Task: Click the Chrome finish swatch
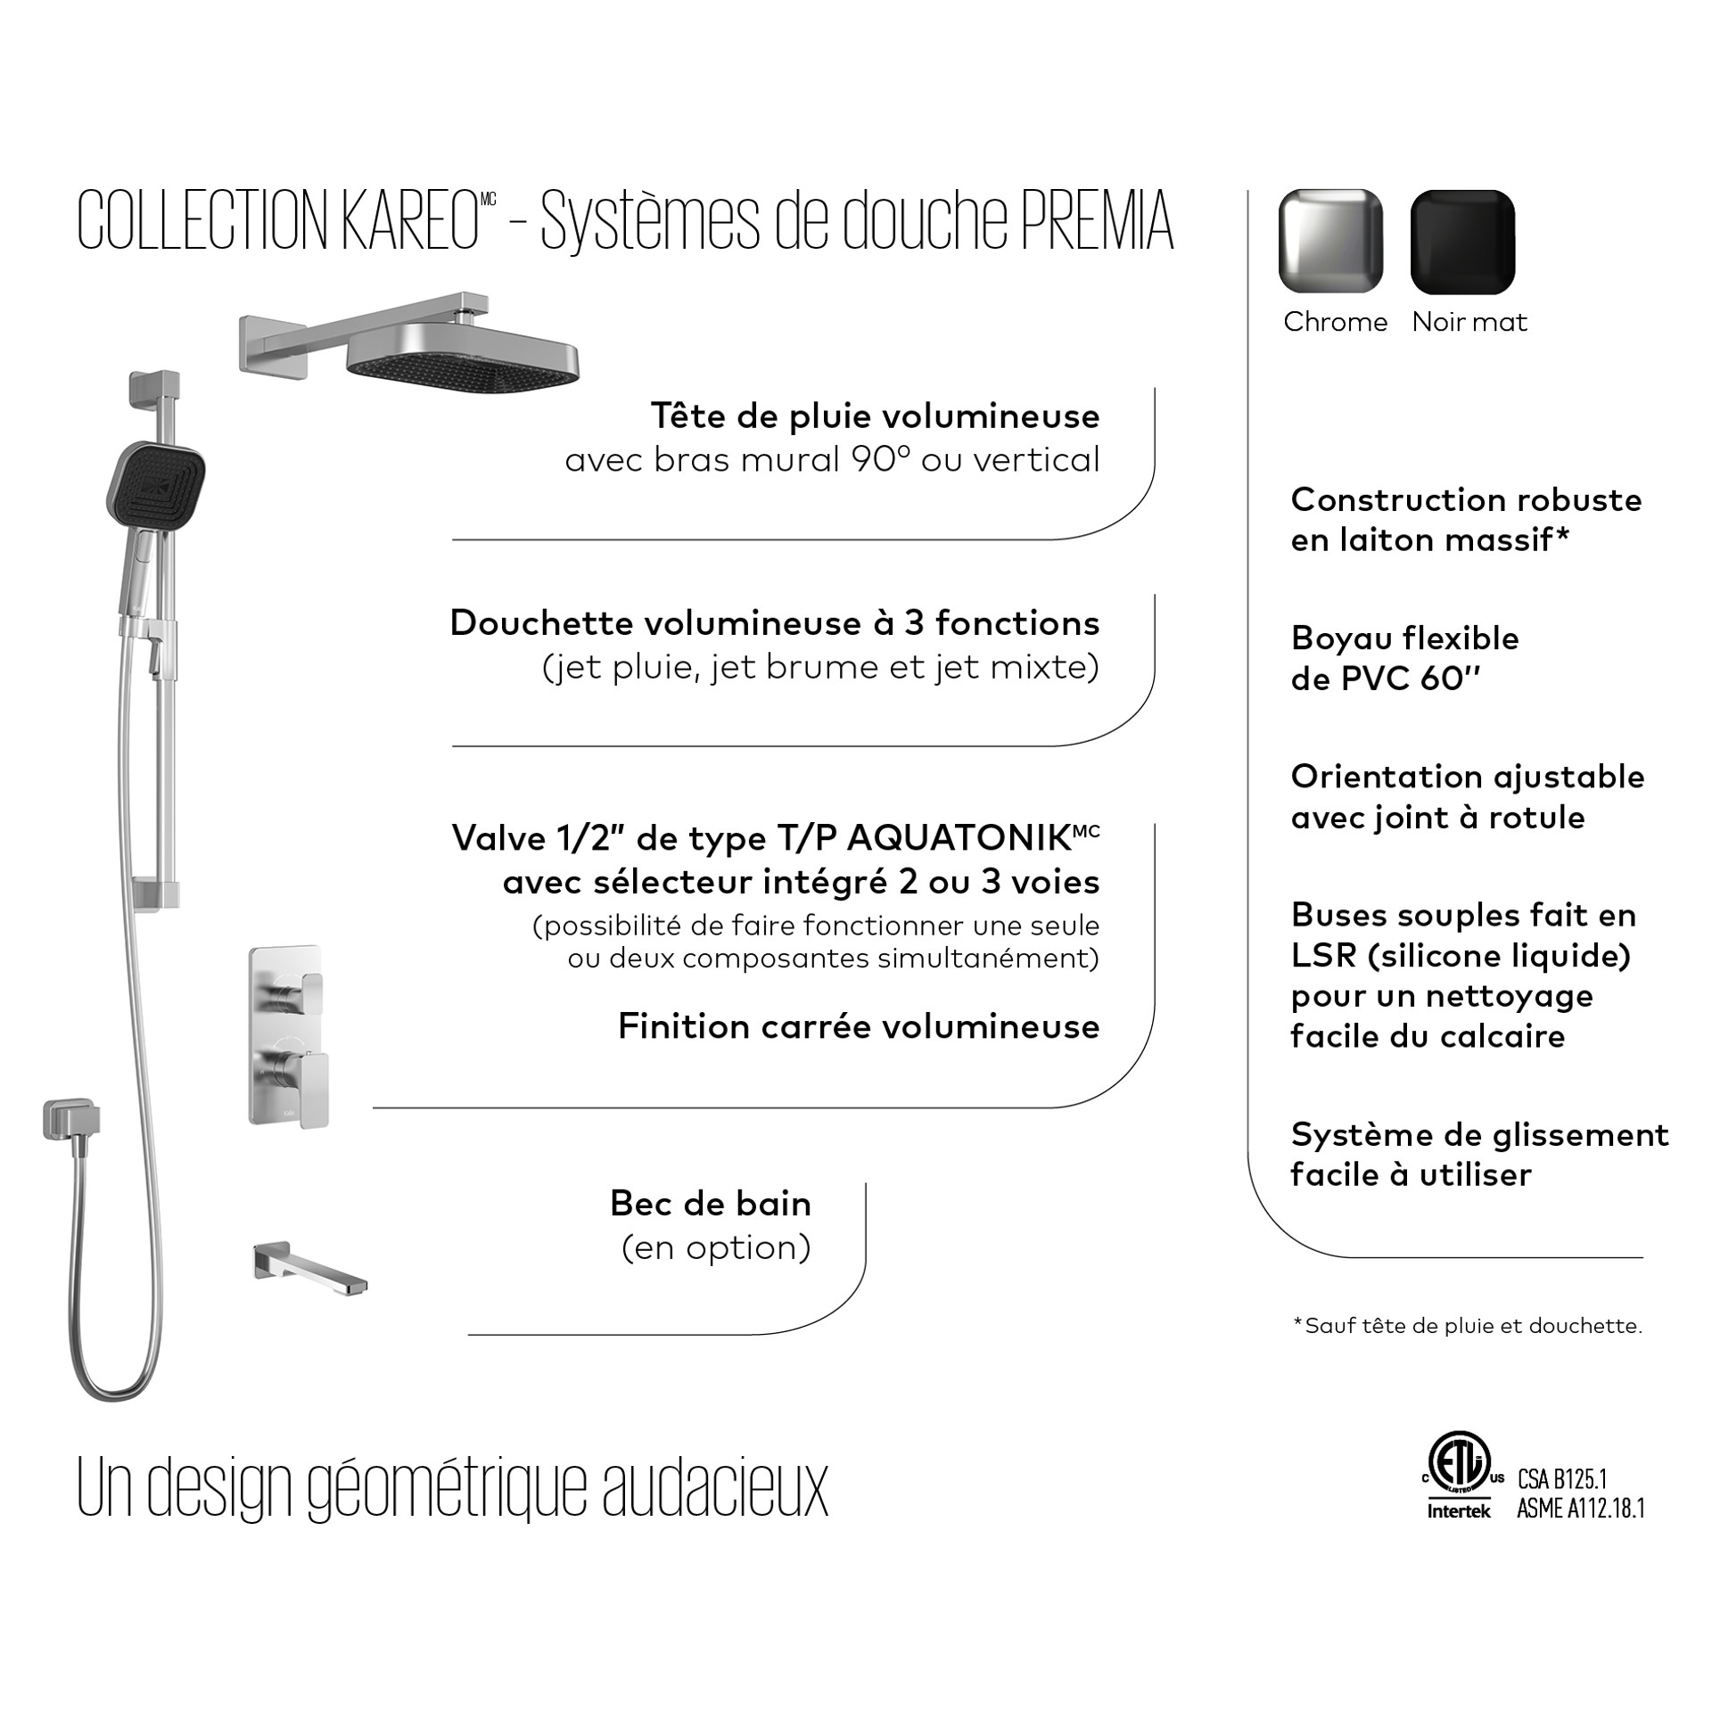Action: click(1330, 241)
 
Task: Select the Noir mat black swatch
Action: click(1462, 241)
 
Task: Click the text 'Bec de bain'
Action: click(711, 1204)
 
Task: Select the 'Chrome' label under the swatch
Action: click(1335, 322)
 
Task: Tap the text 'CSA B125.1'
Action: click(1562, 1479)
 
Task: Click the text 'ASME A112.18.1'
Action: click(1580, 1509)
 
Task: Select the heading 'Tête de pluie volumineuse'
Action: click(875, 416)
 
